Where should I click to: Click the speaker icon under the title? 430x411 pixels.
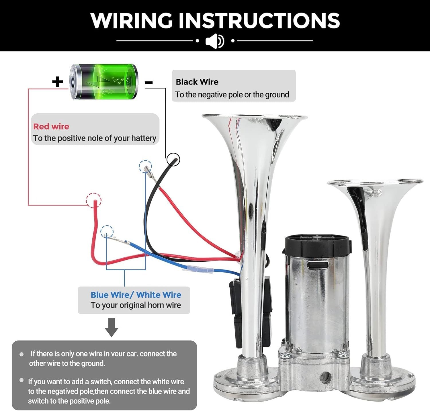pos(215,41)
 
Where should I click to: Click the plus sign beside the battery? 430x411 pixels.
pos(58,82)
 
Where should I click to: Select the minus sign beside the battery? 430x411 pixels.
pos(148,83)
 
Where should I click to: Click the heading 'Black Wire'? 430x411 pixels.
pos(197,82)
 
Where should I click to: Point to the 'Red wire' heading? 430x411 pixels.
pos(51,126)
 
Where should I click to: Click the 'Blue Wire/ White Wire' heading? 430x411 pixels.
pos(136,295)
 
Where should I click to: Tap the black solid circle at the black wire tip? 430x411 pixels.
pos(173,159)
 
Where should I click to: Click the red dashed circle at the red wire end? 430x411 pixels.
pos(94,200)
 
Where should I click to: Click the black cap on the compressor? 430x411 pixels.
pos(317,245)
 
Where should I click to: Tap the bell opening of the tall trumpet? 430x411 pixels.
pos(255,117)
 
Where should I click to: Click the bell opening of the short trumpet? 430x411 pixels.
pos(375,182)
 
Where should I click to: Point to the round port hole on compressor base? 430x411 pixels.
pos(325,377)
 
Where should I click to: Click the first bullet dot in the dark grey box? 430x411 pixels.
pos(21,354)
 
